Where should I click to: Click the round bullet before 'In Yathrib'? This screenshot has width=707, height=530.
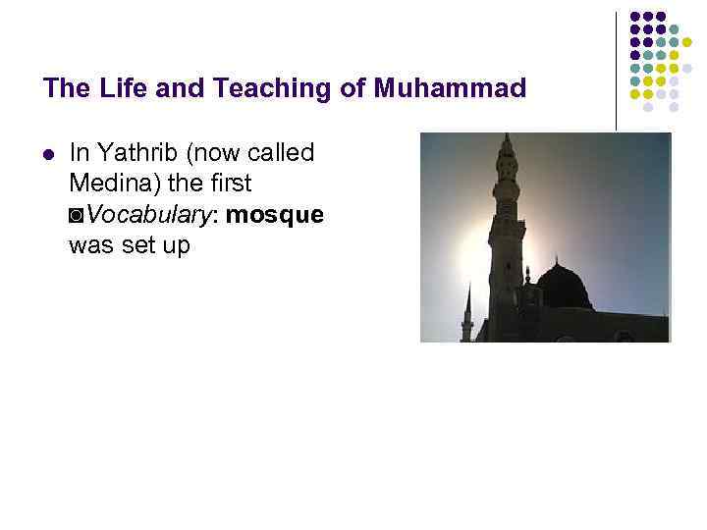tap(48, 153)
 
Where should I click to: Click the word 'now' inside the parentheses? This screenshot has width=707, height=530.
tap(210, 153)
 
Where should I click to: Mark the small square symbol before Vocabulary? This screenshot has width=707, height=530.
tap(78, 215)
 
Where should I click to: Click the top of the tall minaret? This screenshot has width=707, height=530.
tap(507, 139)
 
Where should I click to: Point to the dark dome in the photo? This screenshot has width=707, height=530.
tap(564, 287)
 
